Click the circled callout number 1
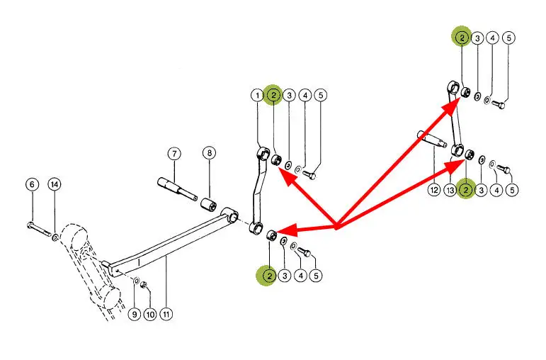point(256,95)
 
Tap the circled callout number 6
point(31,184)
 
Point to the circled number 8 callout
point(209,153)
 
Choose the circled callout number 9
point(135,313)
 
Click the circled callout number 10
point(149,313)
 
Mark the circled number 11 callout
point(166,313)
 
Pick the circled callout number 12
point(433,190)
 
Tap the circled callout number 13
point(450,190)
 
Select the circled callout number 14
point(54,184)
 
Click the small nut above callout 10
point(144,285)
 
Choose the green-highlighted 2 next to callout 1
point(273,95)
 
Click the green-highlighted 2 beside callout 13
point(466,190)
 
